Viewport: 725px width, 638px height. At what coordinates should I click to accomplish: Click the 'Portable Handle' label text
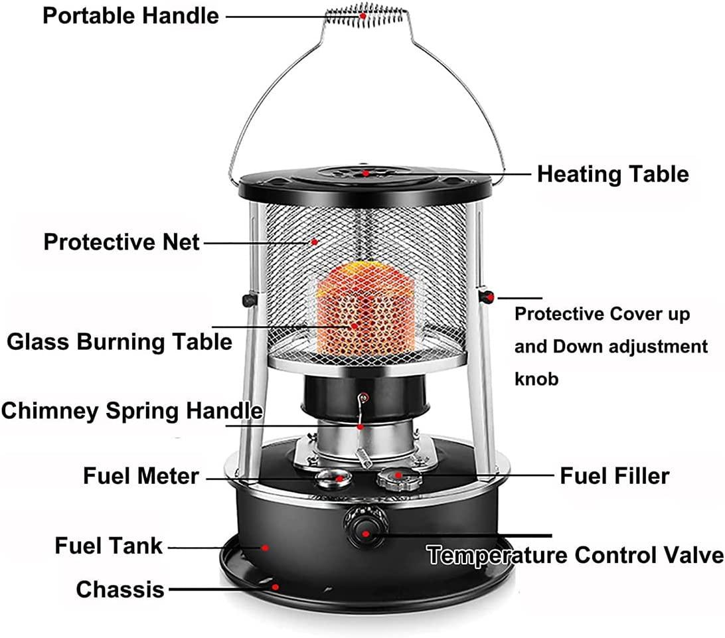coord(131,16)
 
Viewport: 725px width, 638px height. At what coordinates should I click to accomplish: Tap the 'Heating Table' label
coord(613,175)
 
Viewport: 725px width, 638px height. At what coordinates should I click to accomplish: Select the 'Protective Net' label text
coord(121,242)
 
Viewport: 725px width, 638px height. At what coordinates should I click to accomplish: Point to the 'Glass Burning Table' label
coord(120,343)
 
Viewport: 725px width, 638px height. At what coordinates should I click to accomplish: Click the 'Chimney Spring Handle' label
coord(131,410)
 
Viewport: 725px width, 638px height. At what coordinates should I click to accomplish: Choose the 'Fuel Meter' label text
coord(141,476)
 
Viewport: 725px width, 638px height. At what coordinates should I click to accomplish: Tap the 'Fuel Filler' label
coord(615,476)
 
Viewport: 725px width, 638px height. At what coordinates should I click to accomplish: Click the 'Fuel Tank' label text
coord(109,546)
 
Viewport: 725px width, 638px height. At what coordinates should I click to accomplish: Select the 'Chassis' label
coord(120,590)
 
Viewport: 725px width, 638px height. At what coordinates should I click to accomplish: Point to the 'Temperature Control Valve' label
coord(575,555)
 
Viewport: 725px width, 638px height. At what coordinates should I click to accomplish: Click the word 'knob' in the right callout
coord(536,379)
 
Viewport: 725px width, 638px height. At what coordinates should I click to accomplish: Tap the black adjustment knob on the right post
coord(486,297)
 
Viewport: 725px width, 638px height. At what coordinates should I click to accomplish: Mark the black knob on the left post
coord(250,300)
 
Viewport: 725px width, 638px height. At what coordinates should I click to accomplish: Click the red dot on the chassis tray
coord(275,587)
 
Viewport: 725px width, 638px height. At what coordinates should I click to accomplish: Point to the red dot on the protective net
coord(315,242)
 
